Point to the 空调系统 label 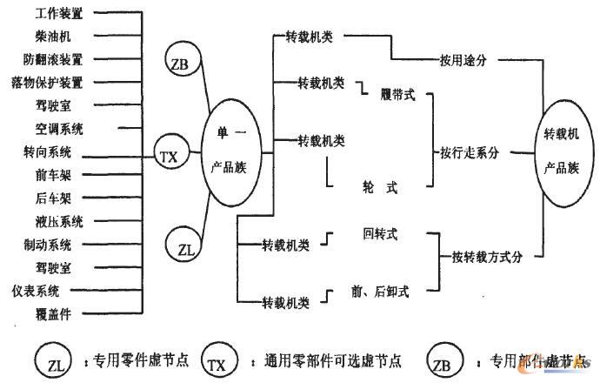click(x=59, y=129)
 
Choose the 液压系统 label click(x=59, y=220)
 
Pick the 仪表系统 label click(x=59, y=288)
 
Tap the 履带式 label click(x=397, y=95)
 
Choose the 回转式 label click(x=380, y=234)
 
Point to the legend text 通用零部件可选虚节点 click(x=325, y=359)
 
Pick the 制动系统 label click(x=59, y=243)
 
